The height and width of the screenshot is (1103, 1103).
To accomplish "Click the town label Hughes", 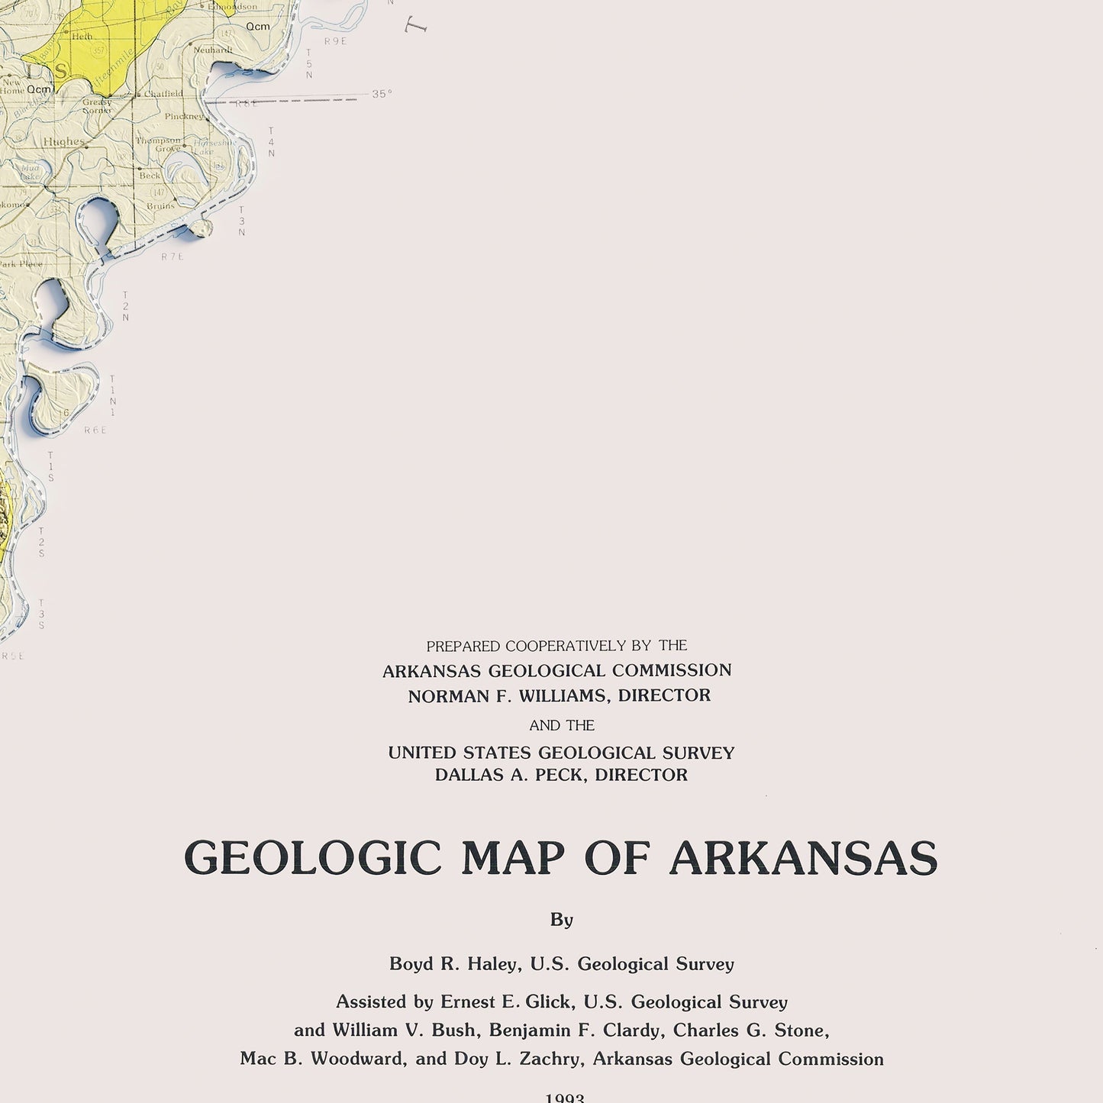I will coord(63,142).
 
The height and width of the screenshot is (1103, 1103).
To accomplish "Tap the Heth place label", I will coord(82,36).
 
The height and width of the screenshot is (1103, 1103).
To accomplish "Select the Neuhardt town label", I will coord(212,50).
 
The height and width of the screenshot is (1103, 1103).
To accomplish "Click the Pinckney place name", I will coord(184,117).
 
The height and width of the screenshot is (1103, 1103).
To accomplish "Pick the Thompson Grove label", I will coord(158,144).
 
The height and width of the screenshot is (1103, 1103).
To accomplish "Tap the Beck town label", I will coord(150,176).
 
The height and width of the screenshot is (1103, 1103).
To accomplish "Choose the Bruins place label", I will coord(161,206).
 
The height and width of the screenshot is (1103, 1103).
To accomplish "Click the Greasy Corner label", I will coord(97,106).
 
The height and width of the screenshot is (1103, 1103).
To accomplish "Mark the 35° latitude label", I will coord(382,94).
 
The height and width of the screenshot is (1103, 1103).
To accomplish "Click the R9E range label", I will coord(335,41).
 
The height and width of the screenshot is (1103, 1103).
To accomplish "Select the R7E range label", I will coord(173,257).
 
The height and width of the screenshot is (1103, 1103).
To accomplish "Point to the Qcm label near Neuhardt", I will coord(257,27).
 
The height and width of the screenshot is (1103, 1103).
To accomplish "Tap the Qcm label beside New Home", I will coord(38,89).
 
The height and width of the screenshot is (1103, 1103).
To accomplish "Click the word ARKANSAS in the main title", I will coord(803,858).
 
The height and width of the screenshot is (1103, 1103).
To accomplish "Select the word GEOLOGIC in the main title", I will coord(313,858).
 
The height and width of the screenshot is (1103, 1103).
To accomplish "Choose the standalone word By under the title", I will coord(562,920).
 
